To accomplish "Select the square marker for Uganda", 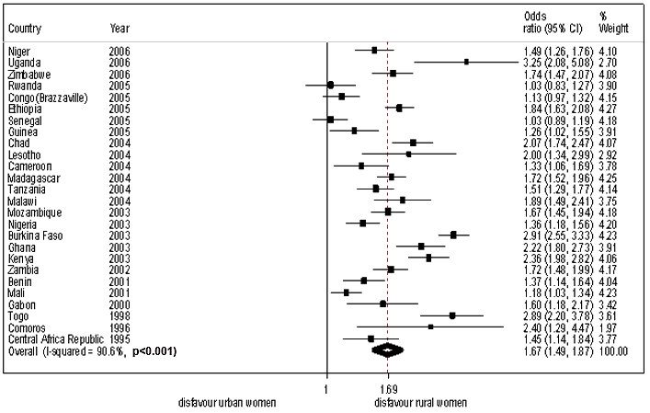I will pos(466,62).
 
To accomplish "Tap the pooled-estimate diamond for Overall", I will pos(387,350).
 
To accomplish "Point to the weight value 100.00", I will pos(613,350).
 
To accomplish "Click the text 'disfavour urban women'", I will pos(226,403).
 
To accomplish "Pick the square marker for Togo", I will pos(452,315).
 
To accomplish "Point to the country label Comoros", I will pos(27,327).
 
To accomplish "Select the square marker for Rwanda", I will pos(331,85).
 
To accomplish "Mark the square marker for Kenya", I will pos(428,258).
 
